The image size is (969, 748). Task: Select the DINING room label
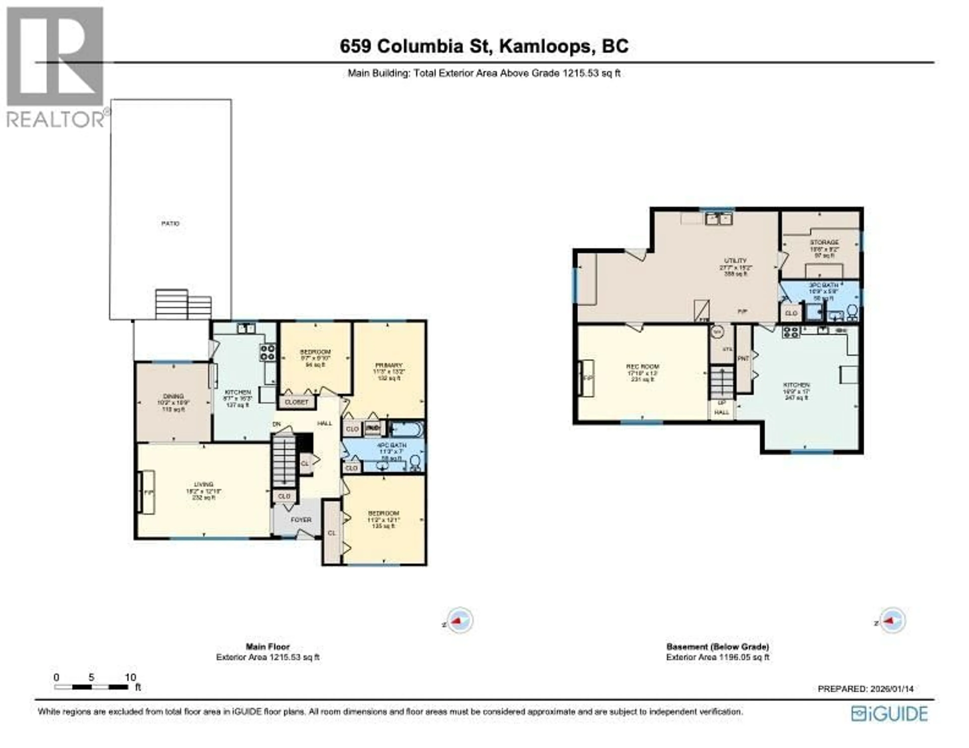173,396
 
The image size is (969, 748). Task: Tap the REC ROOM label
642,367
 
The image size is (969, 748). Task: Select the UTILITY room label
736,261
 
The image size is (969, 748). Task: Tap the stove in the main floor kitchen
267,352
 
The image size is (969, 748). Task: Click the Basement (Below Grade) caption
717,647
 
